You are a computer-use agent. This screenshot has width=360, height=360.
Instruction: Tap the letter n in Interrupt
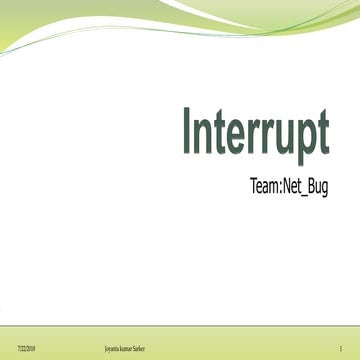tap(204, 138)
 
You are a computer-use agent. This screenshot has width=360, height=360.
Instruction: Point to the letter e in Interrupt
tap(236, 138)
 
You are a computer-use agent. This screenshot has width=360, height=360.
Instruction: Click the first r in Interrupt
tap(252, 138)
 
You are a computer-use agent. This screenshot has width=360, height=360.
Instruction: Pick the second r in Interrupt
tap(265, 138)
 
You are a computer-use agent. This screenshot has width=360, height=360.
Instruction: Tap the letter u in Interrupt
tap(282, 138)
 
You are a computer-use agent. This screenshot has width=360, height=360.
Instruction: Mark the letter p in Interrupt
tap(304, 142)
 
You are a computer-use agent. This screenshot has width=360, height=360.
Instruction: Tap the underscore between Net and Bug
tap(313, 193)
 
